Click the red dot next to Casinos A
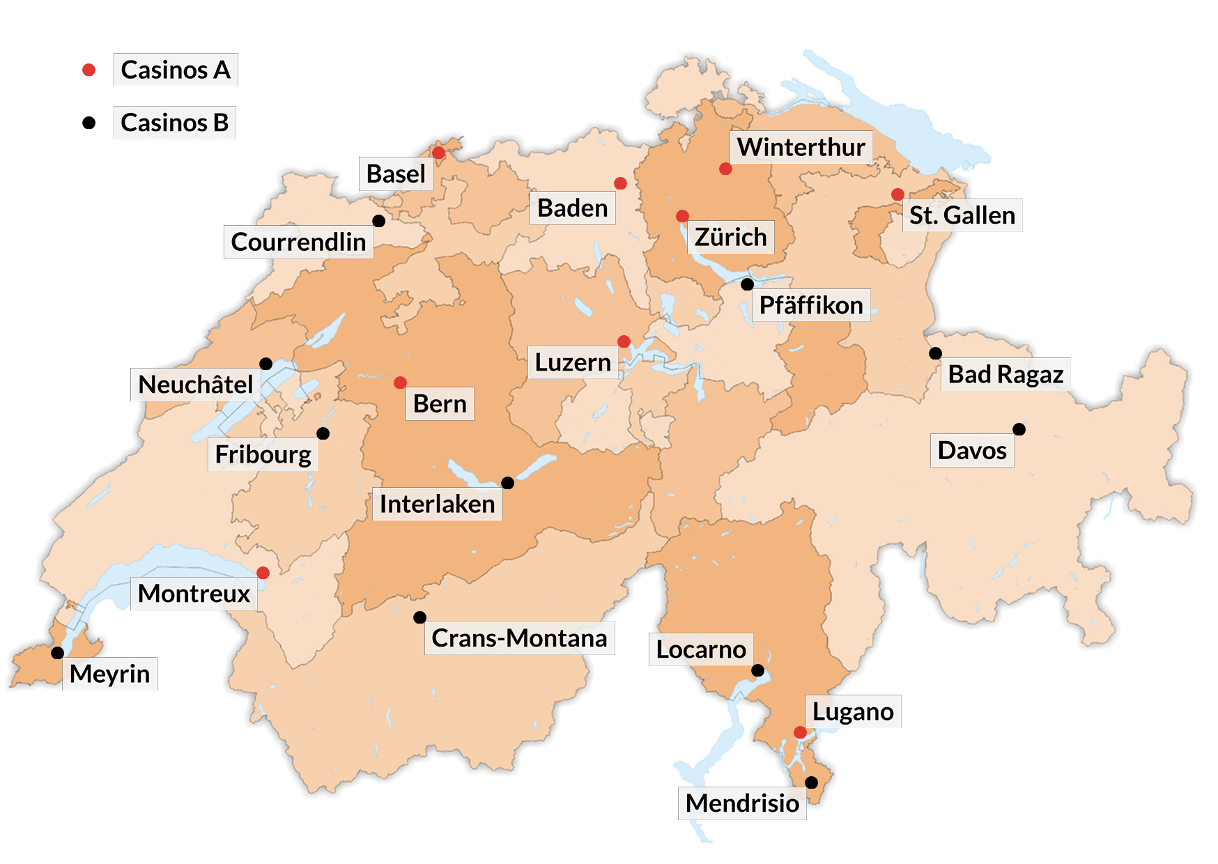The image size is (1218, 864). click(x=88, y=70)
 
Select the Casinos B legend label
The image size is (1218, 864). click(x=174, y=123)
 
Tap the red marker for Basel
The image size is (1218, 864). click(x=438, y=153)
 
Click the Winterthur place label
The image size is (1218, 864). click(x=801, y=147)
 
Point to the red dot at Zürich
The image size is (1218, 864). click(x=682, y=216)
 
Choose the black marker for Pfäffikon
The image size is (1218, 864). click(x=747, y=284)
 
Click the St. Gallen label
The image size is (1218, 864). click(x=962, y=215)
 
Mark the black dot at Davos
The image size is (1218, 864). click(x=1019, y=429)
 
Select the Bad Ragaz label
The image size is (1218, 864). click(x=1005, y=374)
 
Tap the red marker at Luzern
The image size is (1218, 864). click(x=624, y=341)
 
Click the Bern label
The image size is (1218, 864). click(x=440, y=403)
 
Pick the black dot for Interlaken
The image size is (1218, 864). click(x=507, y=483)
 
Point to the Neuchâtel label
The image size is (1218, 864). click(x=196, y=384)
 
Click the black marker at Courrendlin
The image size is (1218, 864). click(x=378, y=221)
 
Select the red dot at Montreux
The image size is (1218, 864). click(x=263, y=573)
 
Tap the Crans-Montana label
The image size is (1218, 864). click(x=519, y=638)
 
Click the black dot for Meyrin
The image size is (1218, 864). click(x=58, y=653)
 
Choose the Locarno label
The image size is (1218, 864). click(x=701, y=649)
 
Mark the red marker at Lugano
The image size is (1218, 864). click(x=800, y=732)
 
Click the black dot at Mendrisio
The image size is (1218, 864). click(x=811, y=782)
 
